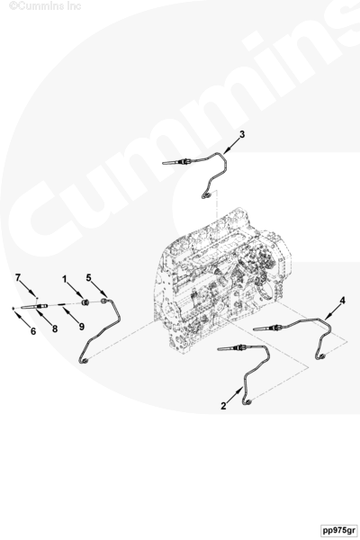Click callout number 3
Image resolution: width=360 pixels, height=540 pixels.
click(242, 134)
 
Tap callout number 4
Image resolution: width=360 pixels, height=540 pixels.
click(342, 301)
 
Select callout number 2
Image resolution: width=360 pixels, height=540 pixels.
click(223, 406)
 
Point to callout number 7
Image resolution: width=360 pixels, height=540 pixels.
click(18, 277)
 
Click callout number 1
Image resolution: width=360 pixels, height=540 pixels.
click(65, 279)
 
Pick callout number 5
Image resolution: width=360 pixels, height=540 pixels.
click(88, 277)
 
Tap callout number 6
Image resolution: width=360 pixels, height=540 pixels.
click(33, 331)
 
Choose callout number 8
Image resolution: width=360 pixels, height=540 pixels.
click(55, 328)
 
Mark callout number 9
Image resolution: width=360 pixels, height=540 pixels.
click(81, 326)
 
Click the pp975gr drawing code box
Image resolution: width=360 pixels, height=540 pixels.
click(338, 530)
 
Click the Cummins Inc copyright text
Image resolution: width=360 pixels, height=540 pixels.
click(45, 5)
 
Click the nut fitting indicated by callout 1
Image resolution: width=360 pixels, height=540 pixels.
click(85, 302)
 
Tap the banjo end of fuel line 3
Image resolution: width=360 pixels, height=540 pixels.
click(206, 196)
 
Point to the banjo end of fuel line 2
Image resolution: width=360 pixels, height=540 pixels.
click(247, 401)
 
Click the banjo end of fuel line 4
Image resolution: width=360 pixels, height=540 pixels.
click(320, 356)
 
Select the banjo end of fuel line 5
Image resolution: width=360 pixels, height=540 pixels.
click(84, 361)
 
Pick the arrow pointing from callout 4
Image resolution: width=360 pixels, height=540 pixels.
click(332, 312)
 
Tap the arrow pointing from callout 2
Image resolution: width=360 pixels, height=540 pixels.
click(235, 395)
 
